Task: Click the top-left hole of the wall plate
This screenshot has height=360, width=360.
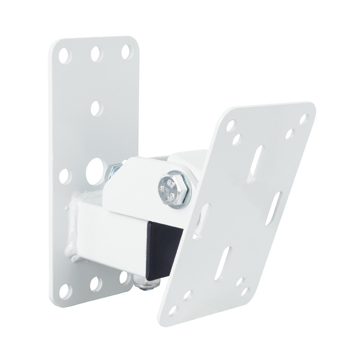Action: click(65, 56)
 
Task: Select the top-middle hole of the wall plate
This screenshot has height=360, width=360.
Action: click(96, 54)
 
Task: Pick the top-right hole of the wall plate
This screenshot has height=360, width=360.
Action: click(126, 51)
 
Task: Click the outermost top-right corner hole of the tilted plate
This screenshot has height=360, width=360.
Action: click(304, 119)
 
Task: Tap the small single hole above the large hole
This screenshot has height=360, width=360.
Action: click(96, 108)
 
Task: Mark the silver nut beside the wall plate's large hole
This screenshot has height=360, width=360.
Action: click(113, 171)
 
